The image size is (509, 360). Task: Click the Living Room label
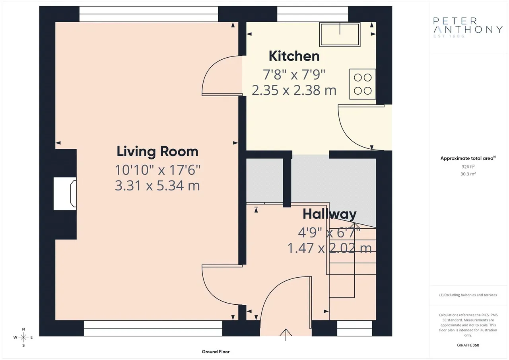(x=157, y=152)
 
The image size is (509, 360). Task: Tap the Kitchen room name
(x=294, y=56)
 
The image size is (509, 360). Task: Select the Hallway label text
(x=330, y=214)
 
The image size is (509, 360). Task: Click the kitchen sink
(x=340, y=34)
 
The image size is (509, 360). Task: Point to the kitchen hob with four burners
(x=362, y=84)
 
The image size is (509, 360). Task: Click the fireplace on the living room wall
(x=65, y=194)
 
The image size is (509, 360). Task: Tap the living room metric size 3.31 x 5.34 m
(x=157, y=185)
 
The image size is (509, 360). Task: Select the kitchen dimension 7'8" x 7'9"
(x=294, y=74)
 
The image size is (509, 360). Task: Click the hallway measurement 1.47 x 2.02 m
(x=330, y=248)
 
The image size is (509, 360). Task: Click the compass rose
(x=23, y=337)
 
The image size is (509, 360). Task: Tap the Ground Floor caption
(x=216, y=352)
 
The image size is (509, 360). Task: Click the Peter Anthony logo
(x=468, y=27)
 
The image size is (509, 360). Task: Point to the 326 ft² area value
(x=468, y=167)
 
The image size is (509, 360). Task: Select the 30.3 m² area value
(x=468, y=174)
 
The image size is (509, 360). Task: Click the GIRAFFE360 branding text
(x=468, y=345)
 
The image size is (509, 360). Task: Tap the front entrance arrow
(x=286, y=335)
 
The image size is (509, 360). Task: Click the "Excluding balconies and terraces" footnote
(x=468, y=295)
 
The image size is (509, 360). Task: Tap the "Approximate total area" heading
(x=468, y=158)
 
